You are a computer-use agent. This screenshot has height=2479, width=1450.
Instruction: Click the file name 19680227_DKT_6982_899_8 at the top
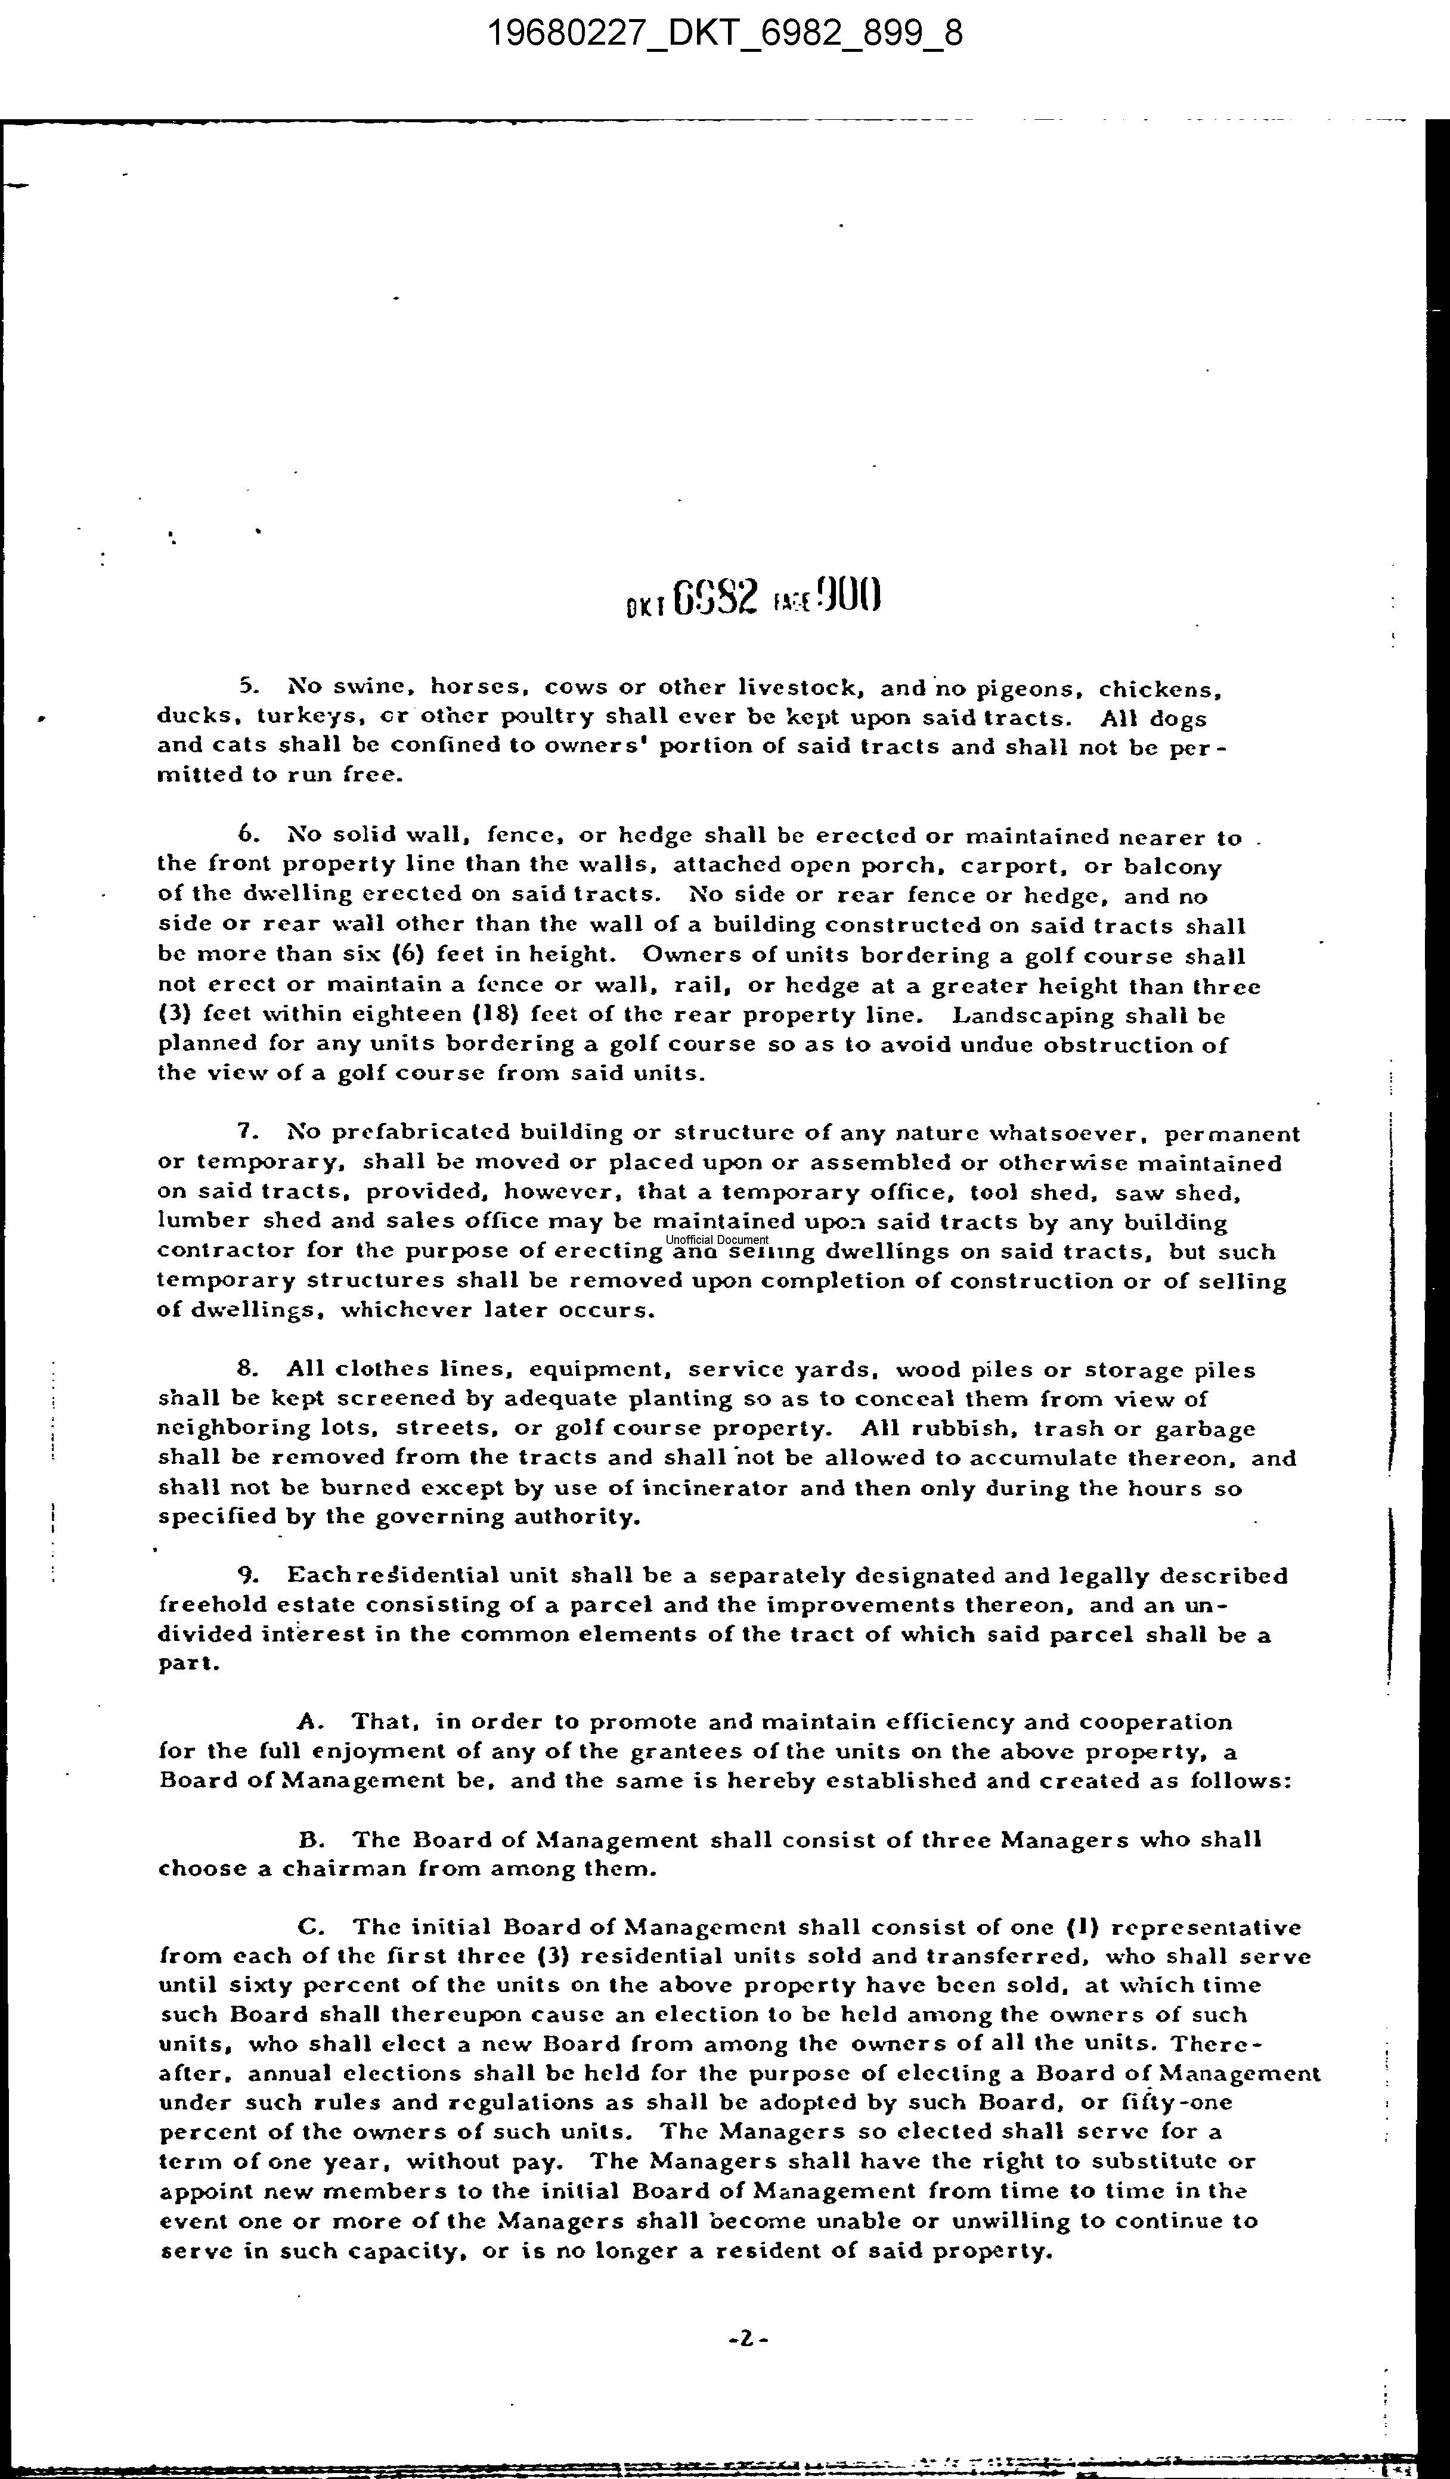pos(725,35)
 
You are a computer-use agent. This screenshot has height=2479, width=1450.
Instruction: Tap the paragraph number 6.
pos(247,834)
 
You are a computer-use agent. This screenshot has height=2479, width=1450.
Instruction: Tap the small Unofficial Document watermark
pos(717,1240)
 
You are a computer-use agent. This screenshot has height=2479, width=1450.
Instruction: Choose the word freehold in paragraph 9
pos(205,1605)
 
